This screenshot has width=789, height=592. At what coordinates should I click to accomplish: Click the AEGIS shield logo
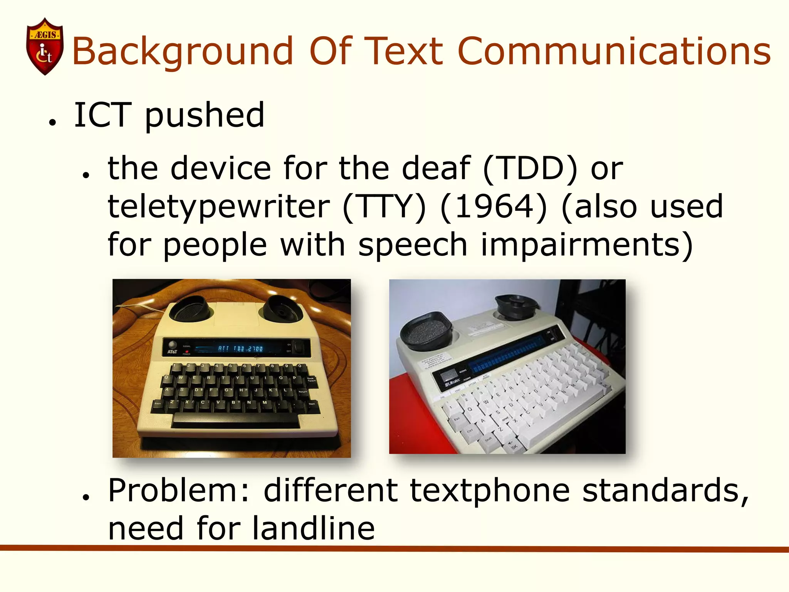tap(45, 46)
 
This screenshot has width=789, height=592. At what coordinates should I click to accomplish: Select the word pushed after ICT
tap(205, 116)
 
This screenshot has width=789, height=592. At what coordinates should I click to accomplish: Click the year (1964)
tap(494, 207)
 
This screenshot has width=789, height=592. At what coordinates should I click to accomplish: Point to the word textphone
tap(489, 490)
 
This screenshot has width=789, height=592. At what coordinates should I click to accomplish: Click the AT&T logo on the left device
tap(172, 352)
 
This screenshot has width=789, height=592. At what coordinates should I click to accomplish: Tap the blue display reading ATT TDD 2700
tap(240, 348)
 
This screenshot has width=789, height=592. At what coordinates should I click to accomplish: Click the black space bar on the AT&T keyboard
tap(235, 419)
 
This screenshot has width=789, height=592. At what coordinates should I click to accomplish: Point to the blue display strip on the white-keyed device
tap(509, 355)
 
